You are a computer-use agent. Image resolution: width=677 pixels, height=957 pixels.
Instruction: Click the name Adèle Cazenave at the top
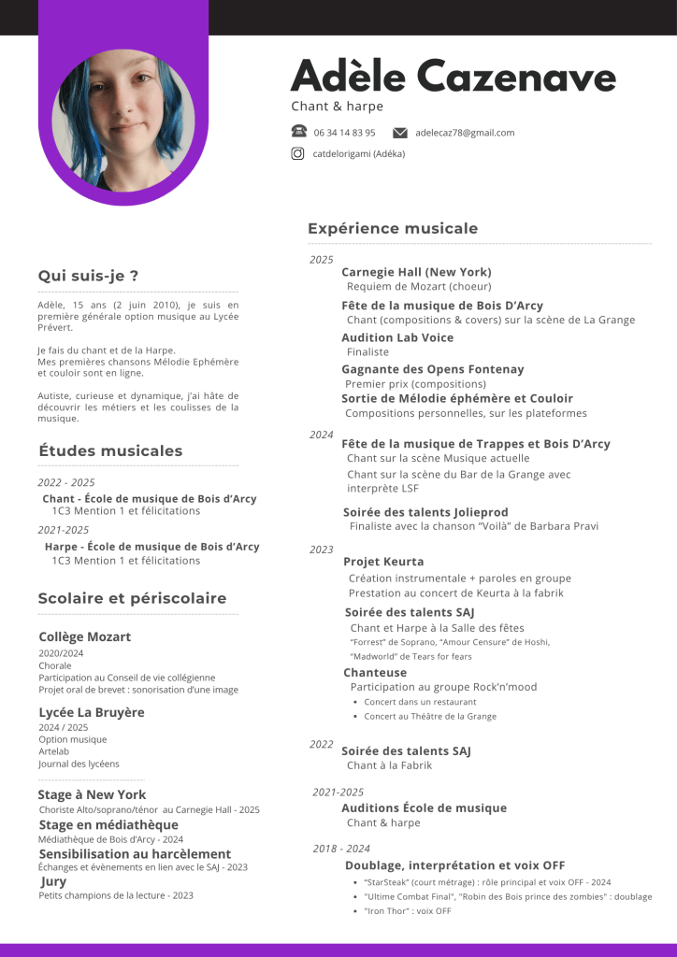(454, 76)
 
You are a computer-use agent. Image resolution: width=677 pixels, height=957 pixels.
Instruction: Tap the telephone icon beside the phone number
(298, 132)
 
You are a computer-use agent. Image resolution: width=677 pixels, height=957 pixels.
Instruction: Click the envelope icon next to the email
(400, 133)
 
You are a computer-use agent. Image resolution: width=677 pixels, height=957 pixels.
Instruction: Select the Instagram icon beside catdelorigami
(298, 154)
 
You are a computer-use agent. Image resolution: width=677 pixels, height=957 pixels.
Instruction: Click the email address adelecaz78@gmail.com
(465, 133)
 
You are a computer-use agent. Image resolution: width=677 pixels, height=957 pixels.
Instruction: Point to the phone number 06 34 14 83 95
(344, 133)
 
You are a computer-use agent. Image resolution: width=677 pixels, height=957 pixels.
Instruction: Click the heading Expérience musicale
(393, 228)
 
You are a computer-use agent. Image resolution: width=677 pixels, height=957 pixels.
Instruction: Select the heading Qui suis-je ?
(88, 276)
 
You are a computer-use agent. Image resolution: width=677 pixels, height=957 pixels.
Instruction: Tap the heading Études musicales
(110, 450)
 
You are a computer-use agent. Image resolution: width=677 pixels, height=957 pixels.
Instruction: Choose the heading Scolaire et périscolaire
(132, 598)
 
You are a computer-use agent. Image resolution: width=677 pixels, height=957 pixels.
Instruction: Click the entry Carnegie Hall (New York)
(416, 272)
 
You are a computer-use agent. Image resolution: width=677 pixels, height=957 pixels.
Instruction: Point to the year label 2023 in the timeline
(321, 550)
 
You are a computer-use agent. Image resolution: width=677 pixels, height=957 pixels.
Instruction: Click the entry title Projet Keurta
(383, 562)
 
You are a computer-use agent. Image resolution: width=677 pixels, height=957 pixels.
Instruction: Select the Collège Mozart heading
(85, 636)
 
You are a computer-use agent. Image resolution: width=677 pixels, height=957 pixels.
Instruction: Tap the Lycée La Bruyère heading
(92, 712)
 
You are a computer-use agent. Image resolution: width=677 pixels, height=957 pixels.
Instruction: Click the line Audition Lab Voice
(397, 337)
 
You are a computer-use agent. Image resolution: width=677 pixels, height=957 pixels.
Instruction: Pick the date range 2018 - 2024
(341, 849)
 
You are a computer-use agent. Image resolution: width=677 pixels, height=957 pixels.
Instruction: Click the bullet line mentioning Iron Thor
(408, 911)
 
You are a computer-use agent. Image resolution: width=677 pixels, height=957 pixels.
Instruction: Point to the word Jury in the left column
(53, 881)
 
